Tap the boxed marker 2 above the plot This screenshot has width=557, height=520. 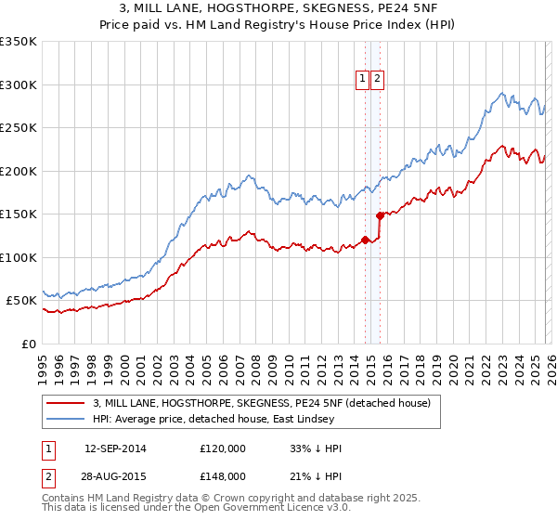coord(378,80)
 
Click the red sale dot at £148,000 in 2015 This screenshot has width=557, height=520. coord(380,215)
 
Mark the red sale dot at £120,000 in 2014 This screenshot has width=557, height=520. coord(364,240)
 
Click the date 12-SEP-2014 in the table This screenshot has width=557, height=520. coord(115,448)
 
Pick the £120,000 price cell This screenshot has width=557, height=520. coord(223,448)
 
